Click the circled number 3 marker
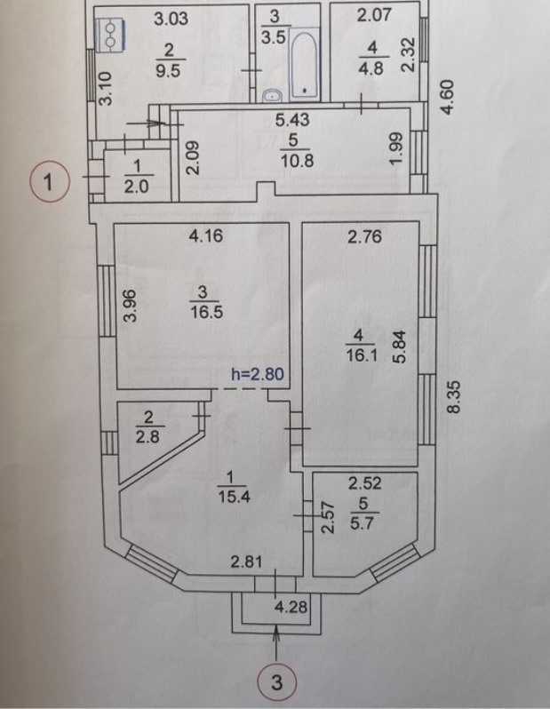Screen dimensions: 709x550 point(276,682)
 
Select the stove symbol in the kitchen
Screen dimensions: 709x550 point(110,33)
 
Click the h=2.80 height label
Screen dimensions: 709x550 point(257,374)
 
